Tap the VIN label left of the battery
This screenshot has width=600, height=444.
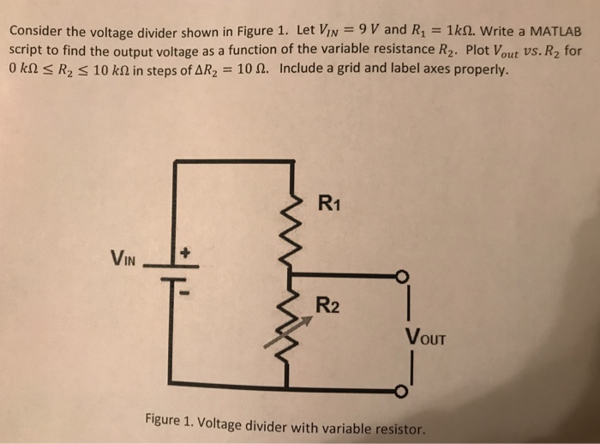[x=125, y=256]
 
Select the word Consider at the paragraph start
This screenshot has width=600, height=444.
[x=37, y=31]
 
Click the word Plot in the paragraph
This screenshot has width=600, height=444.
[x=480, y=50]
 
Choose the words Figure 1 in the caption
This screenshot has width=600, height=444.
[x=171, y=420]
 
